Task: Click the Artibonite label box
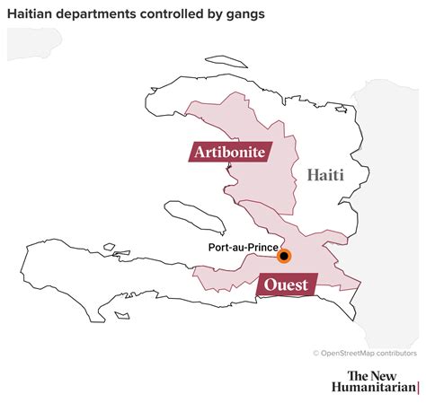[x=229, y=152]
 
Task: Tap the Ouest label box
[x=286, y=285]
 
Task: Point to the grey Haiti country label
[x=325, y=175]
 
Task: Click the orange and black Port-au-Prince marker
[x=284, y=256]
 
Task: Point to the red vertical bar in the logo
[x=418, y=388]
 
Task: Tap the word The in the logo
[x=360, y=375]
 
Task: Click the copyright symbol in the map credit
[x=316, y=354]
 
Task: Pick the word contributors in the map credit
[x=396, y=354]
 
